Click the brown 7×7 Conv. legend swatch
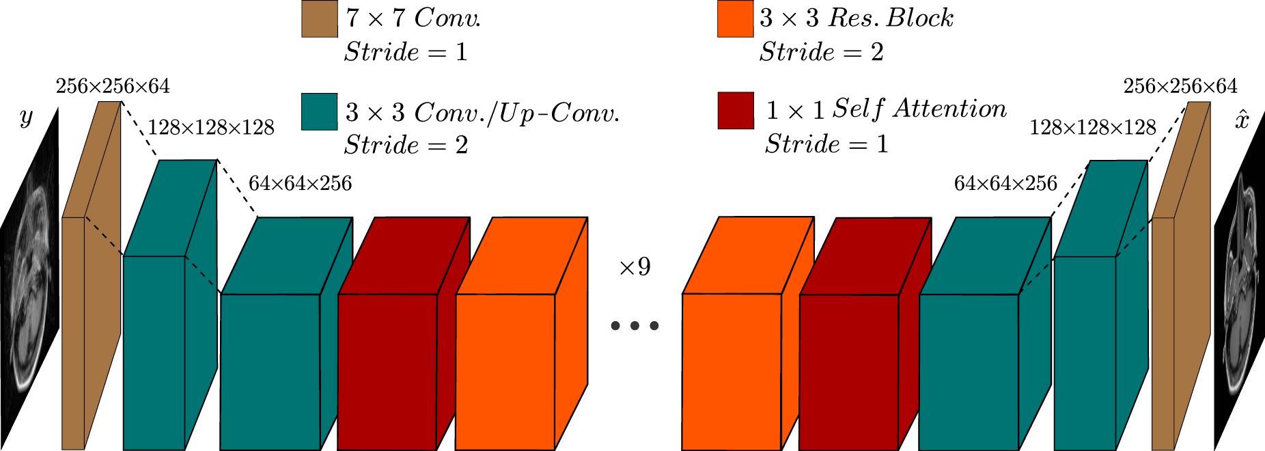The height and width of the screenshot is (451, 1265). point(319,18)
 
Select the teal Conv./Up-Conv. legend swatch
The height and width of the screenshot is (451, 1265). point(319,111)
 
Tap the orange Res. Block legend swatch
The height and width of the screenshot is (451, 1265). point(735,18)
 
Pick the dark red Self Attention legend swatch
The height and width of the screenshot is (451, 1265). point(735,111)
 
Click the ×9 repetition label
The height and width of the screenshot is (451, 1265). point(635,266)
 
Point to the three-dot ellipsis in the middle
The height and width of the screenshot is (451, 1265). point(635,326)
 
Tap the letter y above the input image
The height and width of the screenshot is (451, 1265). point(26,118)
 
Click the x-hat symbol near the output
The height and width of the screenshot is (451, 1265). point(1242,120)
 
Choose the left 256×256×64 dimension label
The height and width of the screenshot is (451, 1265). point(113,87)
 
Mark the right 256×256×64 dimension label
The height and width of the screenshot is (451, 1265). point(1180,87)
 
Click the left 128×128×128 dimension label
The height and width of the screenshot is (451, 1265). point(211,128)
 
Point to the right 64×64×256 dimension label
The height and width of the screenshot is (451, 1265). point(1005,183)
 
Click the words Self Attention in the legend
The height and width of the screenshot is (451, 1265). point(919,109)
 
